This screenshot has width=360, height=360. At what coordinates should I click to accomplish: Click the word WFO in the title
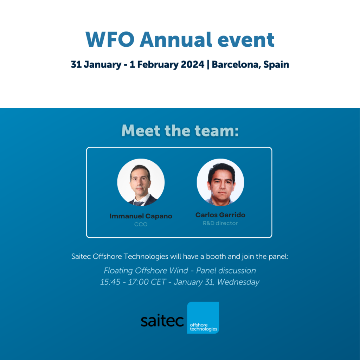110,39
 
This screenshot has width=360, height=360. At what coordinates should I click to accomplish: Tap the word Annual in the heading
176,39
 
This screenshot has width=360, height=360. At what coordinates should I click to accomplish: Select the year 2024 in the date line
192,64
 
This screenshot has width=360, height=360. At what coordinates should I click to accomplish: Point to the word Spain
276,65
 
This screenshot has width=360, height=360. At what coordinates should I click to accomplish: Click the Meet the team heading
180,130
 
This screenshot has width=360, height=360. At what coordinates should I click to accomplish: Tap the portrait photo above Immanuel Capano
141,182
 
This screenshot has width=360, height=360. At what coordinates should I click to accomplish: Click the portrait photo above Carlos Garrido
220,182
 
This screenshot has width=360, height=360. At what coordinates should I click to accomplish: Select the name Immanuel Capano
141,216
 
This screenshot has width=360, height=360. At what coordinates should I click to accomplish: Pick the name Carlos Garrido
220,215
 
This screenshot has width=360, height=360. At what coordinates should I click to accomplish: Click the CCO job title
141,224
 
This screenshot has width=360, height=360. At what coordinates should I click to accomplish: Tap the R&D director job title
220,223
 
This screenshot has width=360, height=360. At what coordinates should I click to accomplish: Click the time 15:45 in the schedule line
110,282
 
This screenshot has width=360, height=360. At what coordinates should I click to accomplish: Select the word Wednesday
238,282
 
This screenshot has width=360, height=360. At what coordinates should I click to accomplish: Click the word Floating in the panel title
118,271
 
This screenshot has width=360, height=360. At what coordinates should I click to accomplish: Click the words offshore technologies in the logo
204,327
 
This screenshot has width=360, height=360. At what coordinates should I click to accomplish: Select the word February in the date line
158,65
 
